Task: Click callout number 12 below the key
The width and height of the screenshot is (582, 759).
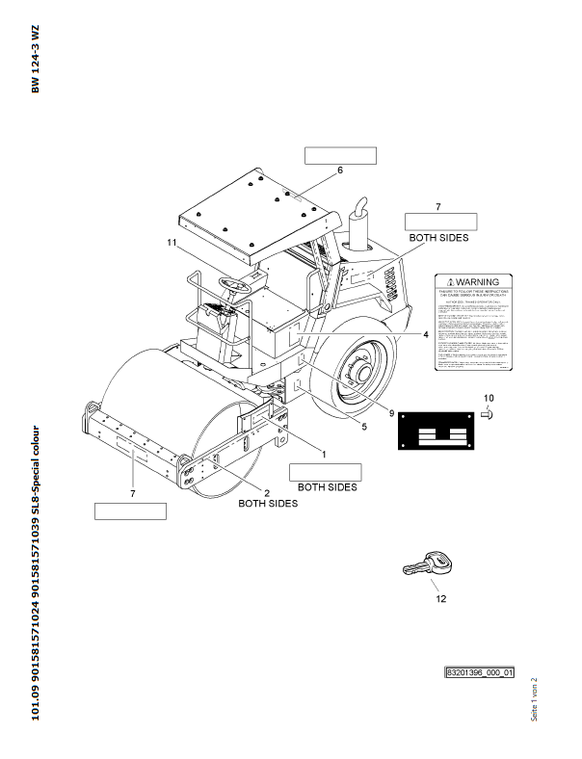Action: point(441,598)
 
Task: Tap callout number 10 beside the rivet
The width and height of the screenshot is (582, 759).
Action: point(489,398)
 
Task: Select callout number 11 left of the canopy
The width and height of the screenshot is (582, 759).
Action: point(172,243)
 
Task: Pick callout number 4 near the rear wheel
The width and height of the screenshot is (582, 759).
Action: point(424,334)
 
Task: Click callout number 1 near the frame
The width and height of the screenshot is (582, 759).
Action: point(324,453)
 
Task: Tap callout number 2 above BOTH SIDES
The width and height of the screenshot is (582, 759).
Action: point(267,492)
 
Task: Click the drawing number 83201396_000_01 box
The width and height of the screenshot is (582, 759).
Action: point(480,672)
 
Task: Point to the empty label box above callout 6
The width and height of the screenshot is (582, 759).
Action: point(340,156)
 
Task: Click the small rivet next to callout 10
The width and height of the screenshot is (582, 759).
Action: point(487,412)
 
